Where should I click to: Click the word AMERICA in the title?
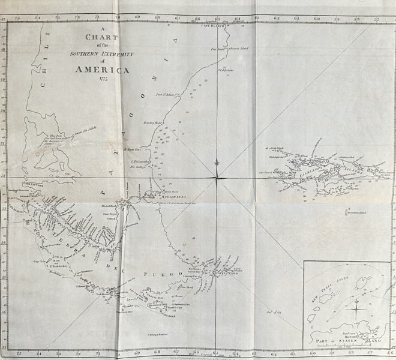102,70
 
